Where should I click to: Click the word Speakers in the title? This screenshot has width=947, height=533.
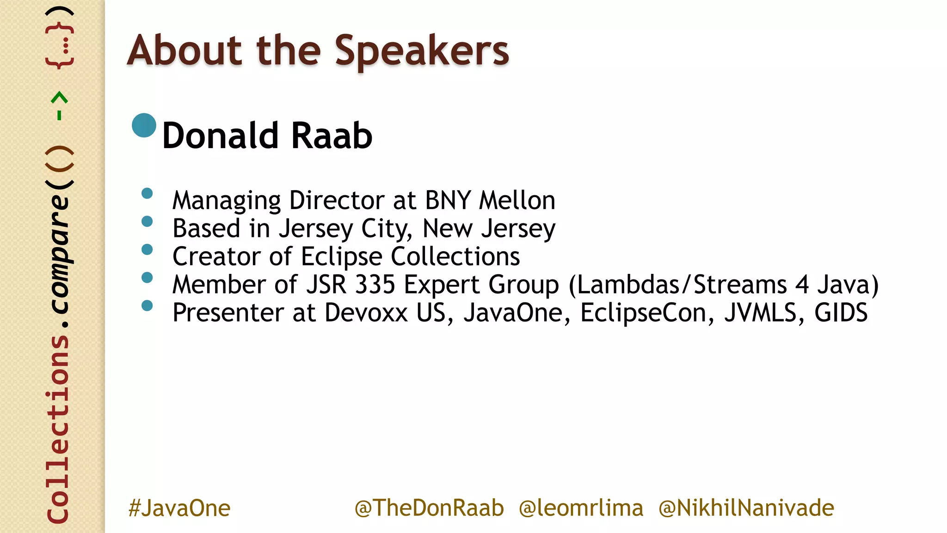click(x=421, y=51)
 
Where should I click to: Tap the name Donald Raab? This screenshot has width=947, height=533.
click(x=267, y=136)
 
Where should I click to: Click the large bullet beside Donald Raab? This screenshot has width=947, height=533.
click(x=144, y=125)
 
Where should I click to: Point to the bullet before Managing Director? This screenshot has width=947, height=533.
click(x=147, y=193)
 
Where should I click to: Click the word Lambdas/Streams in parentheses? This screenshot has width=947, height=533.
click(x=682, y=285)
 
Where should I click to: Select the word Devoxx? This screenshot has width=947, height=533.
click(x=366, y=313)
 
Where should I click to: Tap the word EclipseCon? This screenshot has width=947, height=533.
click(x=643, y=313)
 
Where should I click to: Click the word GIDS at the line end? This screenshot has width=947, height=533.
click(x=841, y=313)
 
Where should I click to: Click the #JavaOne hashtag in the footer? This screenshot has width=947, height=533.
click(x=179, y=508)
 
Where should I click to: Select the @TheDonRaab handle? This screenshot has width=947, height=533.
click(x=429, y=508)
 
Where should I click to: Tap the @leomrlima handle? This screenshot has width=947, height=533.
click(x=581, y=508)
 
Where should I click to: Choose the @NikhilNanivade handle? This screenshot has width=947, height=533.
click(x=746, y=508)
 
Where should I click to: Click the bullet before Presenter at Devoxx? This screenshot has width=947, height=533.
click(x=147, y=306)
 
